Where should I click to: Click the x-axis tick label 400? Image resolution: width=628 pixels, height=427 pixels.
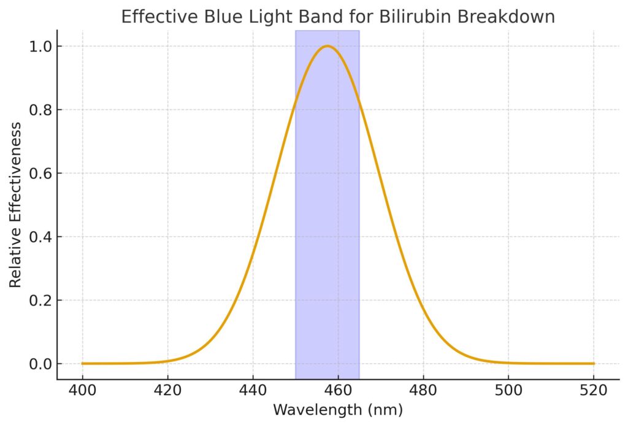[82, 390]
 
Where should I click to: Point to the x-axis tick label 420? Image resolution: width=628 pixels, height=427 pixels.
[167, 390]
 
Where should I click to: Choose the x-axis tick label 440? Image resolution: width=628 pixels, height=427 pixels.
[253, 390]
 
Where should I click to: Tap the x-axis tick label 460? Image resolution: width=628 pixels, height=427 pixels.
[338, 390]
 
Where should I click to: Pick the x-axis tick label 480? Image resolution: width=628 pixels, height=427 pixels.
[423, 390]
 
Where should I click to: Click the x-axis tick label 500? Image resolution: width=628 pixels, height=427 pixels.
[508, 390]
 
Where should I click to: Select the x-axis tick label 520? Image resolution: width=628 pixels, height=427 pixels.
[594, 390]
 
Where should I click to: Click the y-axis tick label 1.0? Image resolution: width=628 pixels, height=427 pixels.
[42, 47]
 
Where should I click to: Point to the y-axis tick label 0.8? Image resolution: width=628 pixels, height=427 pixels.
[42, 110]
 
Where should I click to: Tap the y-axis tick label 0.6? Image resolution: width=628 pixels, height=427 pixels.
[42, 174]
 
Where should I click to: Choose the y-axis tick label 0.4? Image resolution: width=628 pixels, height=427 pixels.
[42, 237]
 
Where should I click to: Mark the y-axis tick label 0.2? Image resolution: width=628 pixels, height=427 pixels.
[42, 301]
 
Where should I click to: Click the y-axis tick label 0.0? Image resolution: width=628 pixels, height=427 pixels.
[42, 364]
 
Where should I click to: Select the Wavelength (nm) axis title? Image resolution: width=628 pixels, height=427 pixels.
[338, 409]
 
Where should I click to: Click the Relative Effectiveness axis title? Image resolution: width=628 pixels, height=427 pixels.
[15, 204]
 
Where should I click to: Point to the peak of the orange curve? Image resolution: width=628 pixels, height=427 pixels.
[327, 46]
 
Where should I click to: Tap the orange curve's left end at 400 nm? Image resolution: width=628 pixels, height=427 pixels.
[83, 363]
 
